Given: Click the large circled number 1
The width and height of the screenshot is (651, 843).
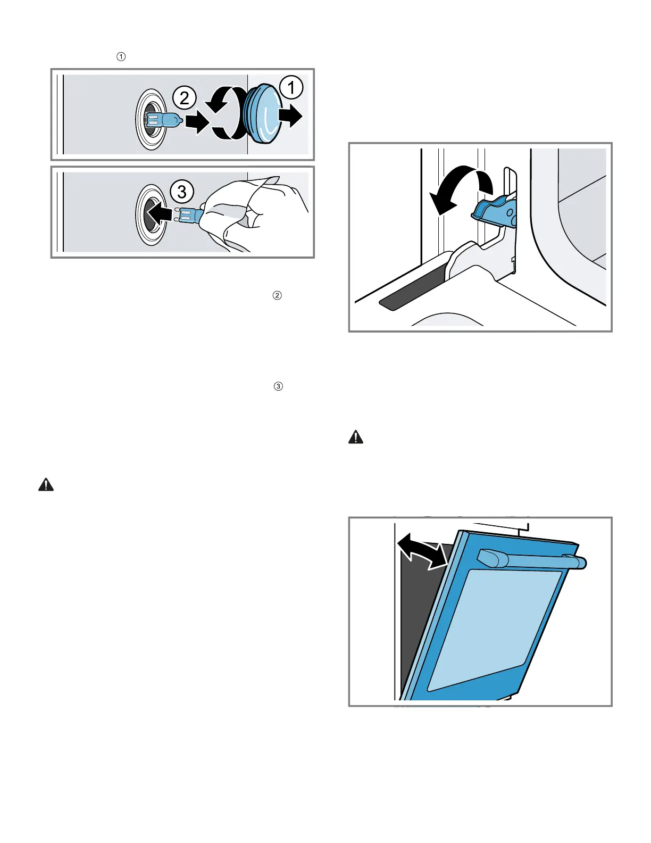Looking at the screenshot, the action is pos(291,88).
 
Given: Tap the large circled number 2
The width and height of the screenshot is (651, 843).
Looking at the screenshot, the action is pos(184,98).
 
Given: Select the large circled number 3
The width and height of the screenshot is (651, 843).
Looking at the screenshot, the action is pos(182,191).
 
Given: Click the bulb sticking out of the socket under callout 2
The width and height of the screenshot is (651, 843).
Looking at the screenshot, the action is pos(165,121).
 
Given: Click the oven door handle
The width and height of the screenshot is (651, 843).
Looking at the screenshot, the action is pos(532,559).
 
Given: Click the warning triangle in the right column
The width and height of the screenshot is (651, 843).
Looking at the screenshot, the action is pos(356,437).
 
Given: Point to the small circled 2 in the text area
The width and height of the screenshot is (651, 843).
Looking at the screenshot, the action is pos(277,295).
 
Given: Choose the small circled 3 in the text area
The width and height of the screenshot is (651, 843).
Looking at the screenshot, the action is pos(278,386).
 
